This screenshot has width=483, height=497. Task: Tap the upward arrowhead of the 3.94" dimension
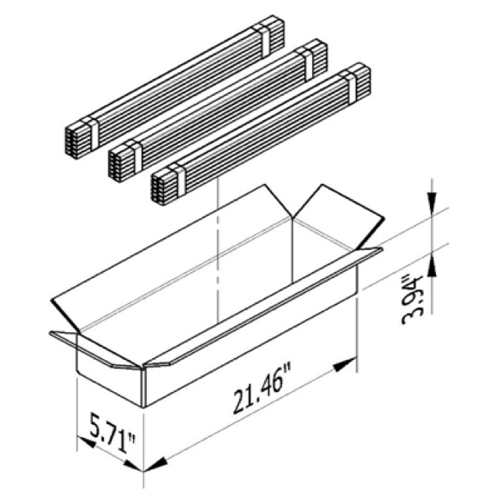(x=431, y=266)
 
